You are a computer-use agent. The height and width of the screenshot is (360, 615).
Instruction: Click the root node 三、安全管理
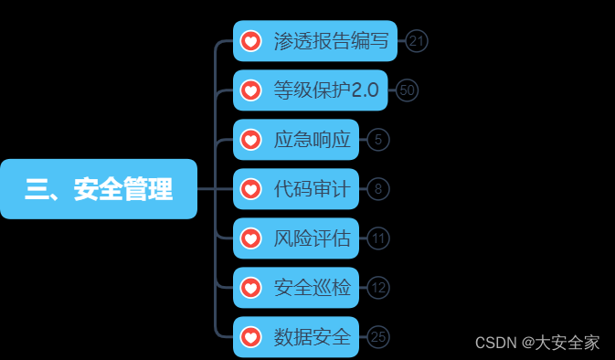99,189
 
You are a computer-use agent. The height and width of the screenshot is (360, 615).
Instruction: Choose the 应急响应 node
312,140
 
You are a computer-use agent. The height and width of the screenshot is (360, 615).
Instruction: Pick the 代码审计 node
312,189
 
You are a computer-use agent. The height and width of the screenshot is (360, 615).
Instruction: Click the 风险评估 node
312,238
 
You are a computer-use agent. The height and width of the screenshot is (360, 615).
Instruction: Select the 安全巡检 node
312,288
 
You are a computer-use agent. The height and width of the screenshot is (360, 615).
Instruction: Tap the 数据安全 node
312,337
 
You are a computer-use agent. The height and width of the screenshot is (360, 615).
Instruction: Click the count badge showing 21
418,41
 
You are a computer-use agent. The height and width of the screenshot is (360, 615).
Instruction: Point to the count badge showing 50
408,90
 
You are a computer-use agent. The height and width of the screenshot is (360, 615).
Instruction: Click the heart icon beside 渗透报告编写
250,41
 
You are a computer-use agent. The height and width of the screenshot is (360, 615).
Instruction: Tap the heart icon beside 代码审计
250,189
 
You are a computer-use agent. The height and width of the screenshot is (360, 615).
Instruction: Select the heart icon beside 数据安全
250,337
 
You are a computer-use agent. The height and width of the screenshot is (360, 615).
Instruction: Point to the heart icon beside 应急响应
250,140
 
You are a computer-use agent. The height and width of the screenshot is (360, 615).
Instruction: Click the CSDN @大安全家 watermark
537,343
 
